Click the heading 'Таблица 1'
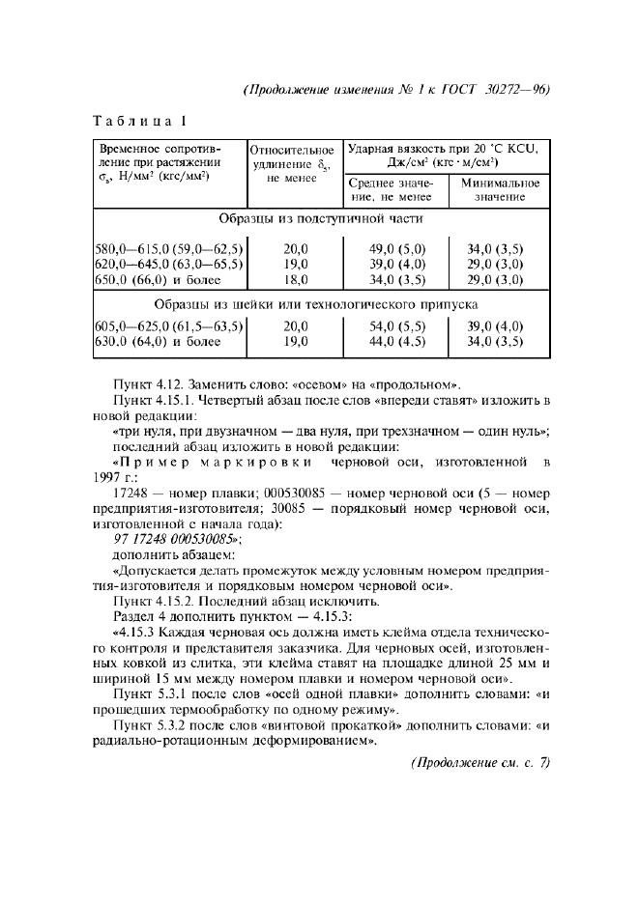coord(138,122)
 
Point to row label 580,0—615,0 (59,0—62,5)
coord(167,248)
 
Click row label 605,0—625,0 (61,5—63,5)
coord(167,326)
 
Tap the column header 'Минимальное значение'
coord(500,189)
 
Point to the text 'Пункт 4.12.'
coord(151,381)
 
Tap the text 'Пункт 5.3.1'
coord(153,694)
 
